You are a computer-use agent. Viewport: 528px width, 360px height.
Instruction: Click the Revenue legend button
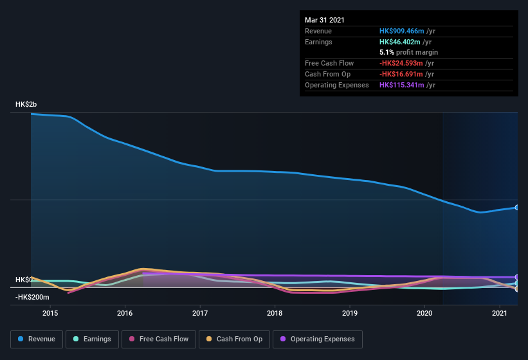pos(37,339)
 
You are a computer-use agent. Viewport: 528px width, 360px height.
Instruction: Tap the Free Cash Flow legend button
pos(158,339)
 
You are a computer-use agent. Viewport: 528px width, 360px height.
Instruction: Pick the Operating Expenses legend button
pos(317,339)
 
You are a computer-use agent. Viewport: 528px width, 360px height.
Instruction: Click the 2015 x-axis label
pos(50,314)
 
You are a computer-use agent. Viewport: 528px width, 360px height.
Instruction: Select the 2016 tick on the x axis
pos(125,314)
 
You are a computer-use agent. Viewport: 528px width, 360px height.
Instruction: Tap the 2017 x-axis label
pos(200,314)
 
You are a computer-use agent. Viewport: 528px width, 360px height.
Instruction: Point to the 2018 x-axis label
pos(275,314)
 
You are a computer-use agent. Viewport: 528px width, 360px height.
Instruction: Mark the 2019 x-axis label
pos(350,314)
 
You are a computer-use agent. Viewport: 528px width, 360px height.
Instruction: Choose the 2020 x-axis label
pos(424,314)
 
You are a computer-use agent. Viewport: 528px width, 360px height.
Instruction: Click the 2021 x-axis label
pos(500,314)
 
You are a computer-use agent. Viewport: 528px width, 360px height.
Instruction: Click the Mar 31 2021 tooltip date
pos(325,20)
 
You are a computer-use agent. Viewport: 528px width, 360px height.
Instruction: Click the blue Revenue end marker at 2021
pos(517,208)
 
